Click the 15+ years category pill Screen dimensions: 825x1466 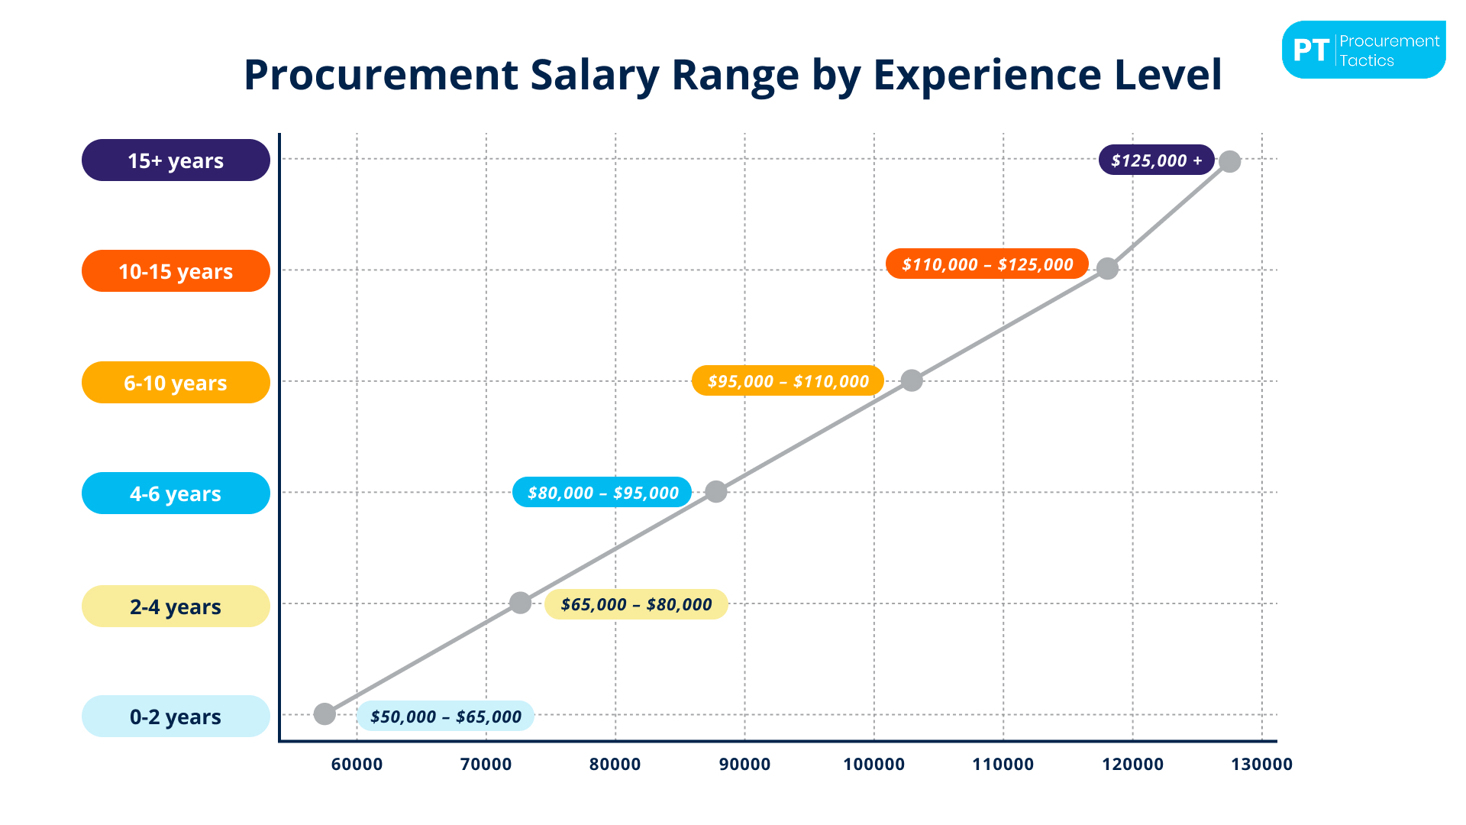tap(176, 160)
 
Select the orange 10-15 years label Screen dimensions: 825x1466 tap(176, 271)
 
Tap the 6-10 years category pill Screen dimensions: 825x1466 tap(176, 383)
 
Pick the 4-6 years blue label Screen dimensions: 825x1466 tap(176, 493)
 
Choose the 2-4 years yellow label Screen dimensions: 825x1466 tap(176, 607)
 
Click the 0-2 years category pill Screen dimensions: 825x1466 tap(176, 717)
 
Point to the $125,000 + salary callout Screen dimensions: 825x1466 tap(1156, 160)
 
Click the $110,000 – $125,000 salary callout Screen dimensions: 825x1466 tap(987, 264)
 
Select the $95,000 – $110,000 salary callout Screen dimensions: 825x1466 tap(788, 381)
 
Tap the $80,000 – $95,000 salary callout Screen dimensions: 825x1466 tap(602, 493)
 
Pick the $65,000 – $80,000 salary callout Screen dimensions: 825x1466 tap(636, 604)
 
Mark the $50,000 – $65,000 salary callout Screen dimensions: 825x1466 tap(445, 717)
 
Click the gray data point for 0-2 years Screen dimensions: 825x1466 tap(325, 714)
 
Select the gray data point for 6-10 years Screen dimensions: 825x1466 tap(912, 380)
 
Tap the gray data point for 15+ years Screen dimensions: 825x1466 tap(1229, 161)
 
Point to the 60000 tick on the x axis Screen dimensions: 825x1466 tap(357, 764)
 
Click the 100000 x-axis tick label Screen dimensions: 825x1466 tap(873, 764)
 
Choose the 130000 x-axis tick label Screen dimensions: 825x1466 tap(1261, 764)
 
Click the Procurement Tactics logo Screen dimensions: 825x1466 tap(1364, 50)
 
